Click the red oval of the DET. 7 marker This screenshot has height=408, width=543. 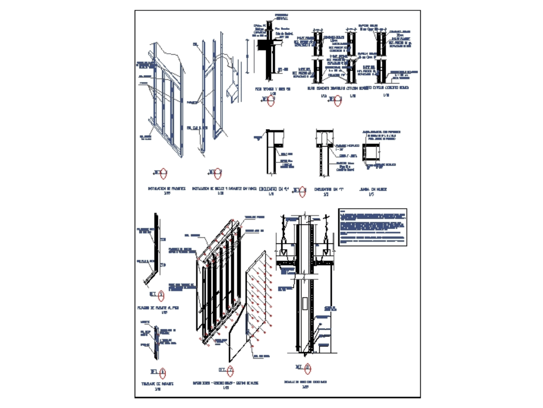tap(231, 370)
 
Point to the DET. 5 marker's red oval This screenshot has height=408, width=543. tap(161, 294)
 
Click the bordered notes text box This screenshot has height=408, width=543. tap(373, 227)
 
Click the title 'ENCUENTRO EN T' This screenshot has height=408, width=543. tap(326, 189)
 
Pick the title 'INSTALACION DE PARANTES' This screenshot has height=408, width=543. tap(167, 189)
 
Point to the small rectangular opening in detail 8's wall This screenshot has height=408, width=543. tap(304, 304)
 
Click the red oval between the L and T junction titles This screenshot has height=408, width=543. tap(303, 191)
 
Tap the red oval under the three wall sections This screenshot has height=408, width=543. tap(338, 99)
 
